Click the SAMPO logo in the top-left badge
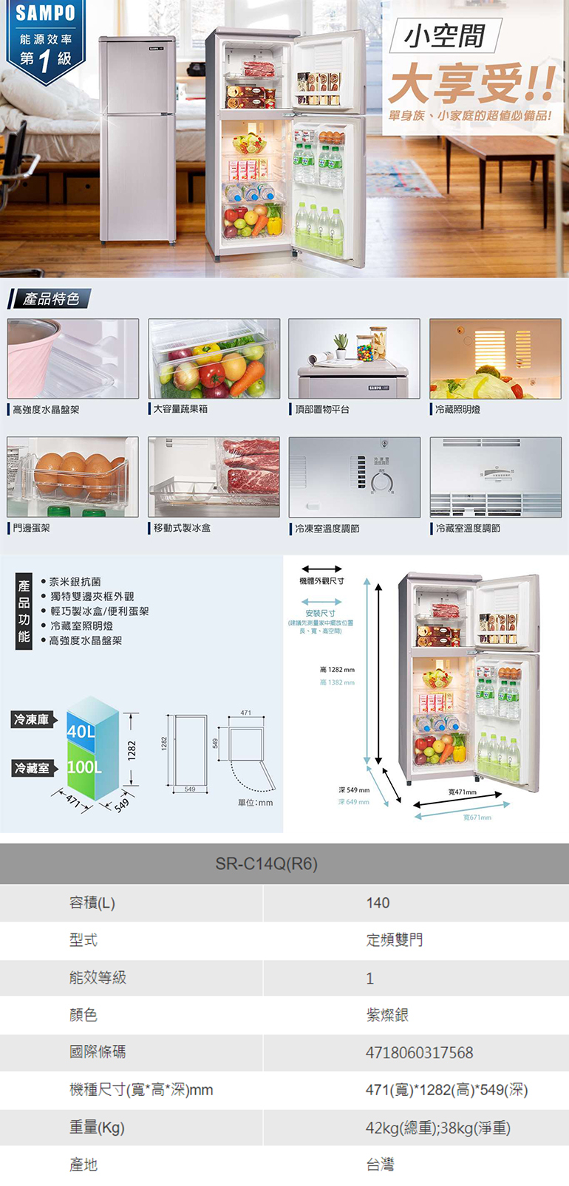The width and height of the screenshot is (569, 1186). (45, 13)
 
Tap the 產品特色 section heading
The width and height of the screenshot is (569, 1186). (50, 299)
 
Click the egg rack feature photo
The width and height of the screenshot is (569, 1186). (72, 477)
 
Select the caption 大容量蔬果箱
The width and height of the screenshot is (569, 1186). (181, 408)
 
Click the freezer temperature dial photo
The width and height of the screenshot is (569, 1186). (354, 477)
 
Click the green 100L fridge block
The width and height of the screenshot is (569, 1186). (84, 767)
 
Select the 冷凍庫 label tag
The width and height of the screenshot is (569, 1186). (32, 719)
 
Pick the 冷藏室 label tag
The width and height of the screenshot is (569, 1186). (32, 768)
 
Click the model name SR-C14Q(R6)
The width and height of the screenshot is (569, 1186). (266, 863)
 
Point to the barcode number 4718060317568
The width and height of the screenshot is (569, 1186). (419, 1052)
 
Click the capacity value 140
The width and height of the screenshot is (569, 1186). (378, 902)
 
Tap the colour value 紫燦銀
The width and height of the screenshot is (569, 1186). (387, 1015)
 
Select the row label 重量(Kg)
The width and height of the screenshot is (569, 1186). (97, 1127)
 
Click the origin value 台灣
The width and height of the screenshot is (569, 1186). (380, 1165)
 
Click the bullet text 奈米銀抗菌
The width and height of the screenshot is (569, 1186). (75, 582)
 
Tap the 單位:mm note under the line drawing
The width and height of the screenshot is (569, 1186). (255, 803)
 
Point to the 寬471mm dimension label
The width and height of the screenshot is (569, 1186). (462, 792)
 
